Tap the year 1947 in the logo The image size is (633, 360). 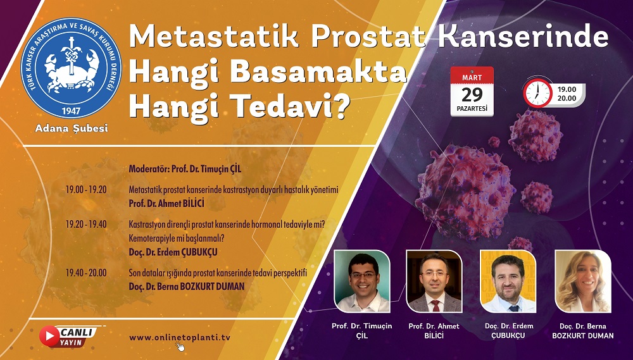click(71, 111)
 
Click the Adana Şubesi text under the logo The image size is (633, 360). click(72, 128)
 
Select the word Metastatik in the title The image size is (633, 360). click(213, 36)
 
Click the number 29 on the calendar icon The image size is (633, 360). click(472, 95)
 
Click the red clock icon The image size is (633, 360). click(537, 93)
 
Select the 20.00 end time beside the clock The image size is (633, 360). click(567, 99)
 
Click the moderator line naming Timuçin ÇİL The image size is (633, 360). click(185, 169)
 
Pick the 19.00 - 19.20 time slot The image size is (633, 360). click(86, 190)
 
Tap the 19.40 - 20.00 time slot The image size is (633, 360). click(86, 273)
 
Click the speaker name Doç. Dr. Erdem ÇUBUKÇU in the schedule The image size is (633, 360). click(173, 252)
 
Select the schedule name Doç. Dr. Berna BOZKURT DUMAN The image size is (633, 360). click(187, 287)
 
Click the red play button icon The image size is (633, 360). click(49, 336)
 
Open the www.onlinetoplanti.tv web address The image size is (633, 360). click(180, 338)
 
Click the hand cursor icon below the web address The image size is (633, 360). click(180, 346)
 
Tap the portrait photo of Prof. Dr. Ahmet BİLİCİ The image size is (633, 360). click(434, 282)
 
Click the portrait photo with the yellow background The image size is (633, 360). click(508, 282)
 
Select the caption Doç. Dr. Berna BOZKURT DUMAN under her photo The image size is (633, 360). click(583, 331)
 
